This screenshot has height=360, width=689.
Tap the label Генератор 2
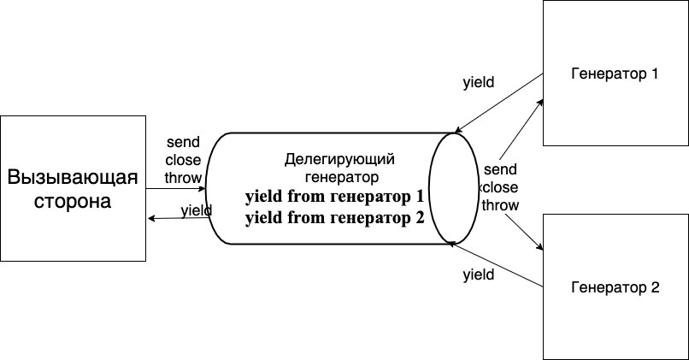pyautogui.click(x=614, y=287)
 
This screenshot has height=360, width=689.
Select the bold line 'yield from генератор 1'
pyautogui.click(x=334, y=198)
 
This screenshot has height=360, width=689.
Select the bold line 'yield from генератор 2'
pyautogui.click(x=334, y=218)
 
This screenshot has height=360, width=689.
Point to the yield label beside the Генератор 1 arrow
pyautogui.click(x=478, y=84)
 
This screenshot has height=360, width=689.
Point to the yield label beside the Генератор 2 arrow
pyautogui.click(x=478, y=274)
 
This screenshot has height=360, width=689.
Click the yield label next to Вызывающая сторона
pyautogui.click(x=197, y=210)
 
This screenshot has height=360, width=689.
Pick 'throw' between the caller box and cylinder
pyautogui.click(x=183, y=178)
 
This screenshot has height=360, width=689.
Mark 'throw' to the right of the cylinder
pyautogui.click(x=500, y=204)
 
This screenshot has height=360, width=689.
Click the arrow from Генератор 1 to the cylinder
pyautogui.click(x=500, y=103)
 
